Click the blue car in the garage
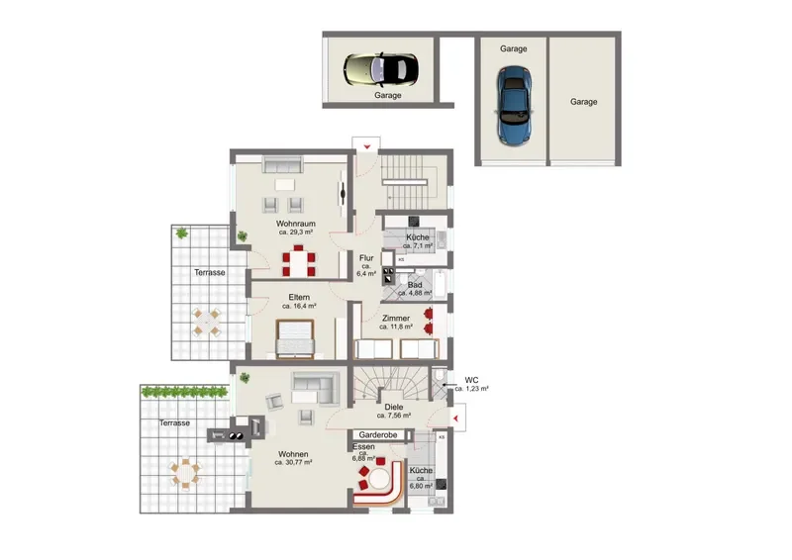coord(514,106)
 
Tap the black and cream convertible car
coord(381,69)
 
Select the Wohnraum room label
coord(295,224)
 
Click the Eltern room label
coord(299,297)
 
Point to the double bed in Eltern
coord(295,337)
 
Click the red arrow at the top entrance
coord(367,147)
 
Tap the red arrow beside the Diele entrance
coord(456,419)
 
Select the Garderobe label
coord(378,434)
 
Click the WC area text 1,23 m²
coord(472,389)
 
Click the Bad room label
coord(415,285)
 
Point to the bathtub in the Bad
coord(440,284)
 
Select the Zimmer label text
coord(395,319)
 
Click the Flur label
coord(366,258)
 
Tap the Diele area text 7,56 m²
coord(393,416)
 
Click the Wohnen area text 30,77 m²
coord(293,462)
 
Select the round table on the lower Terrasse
coord(186,474)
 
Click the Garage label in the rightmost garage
coord(583,102)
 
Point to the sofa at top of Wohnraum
coord(283,164)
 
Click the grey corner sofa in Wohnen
coord(316,388)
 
